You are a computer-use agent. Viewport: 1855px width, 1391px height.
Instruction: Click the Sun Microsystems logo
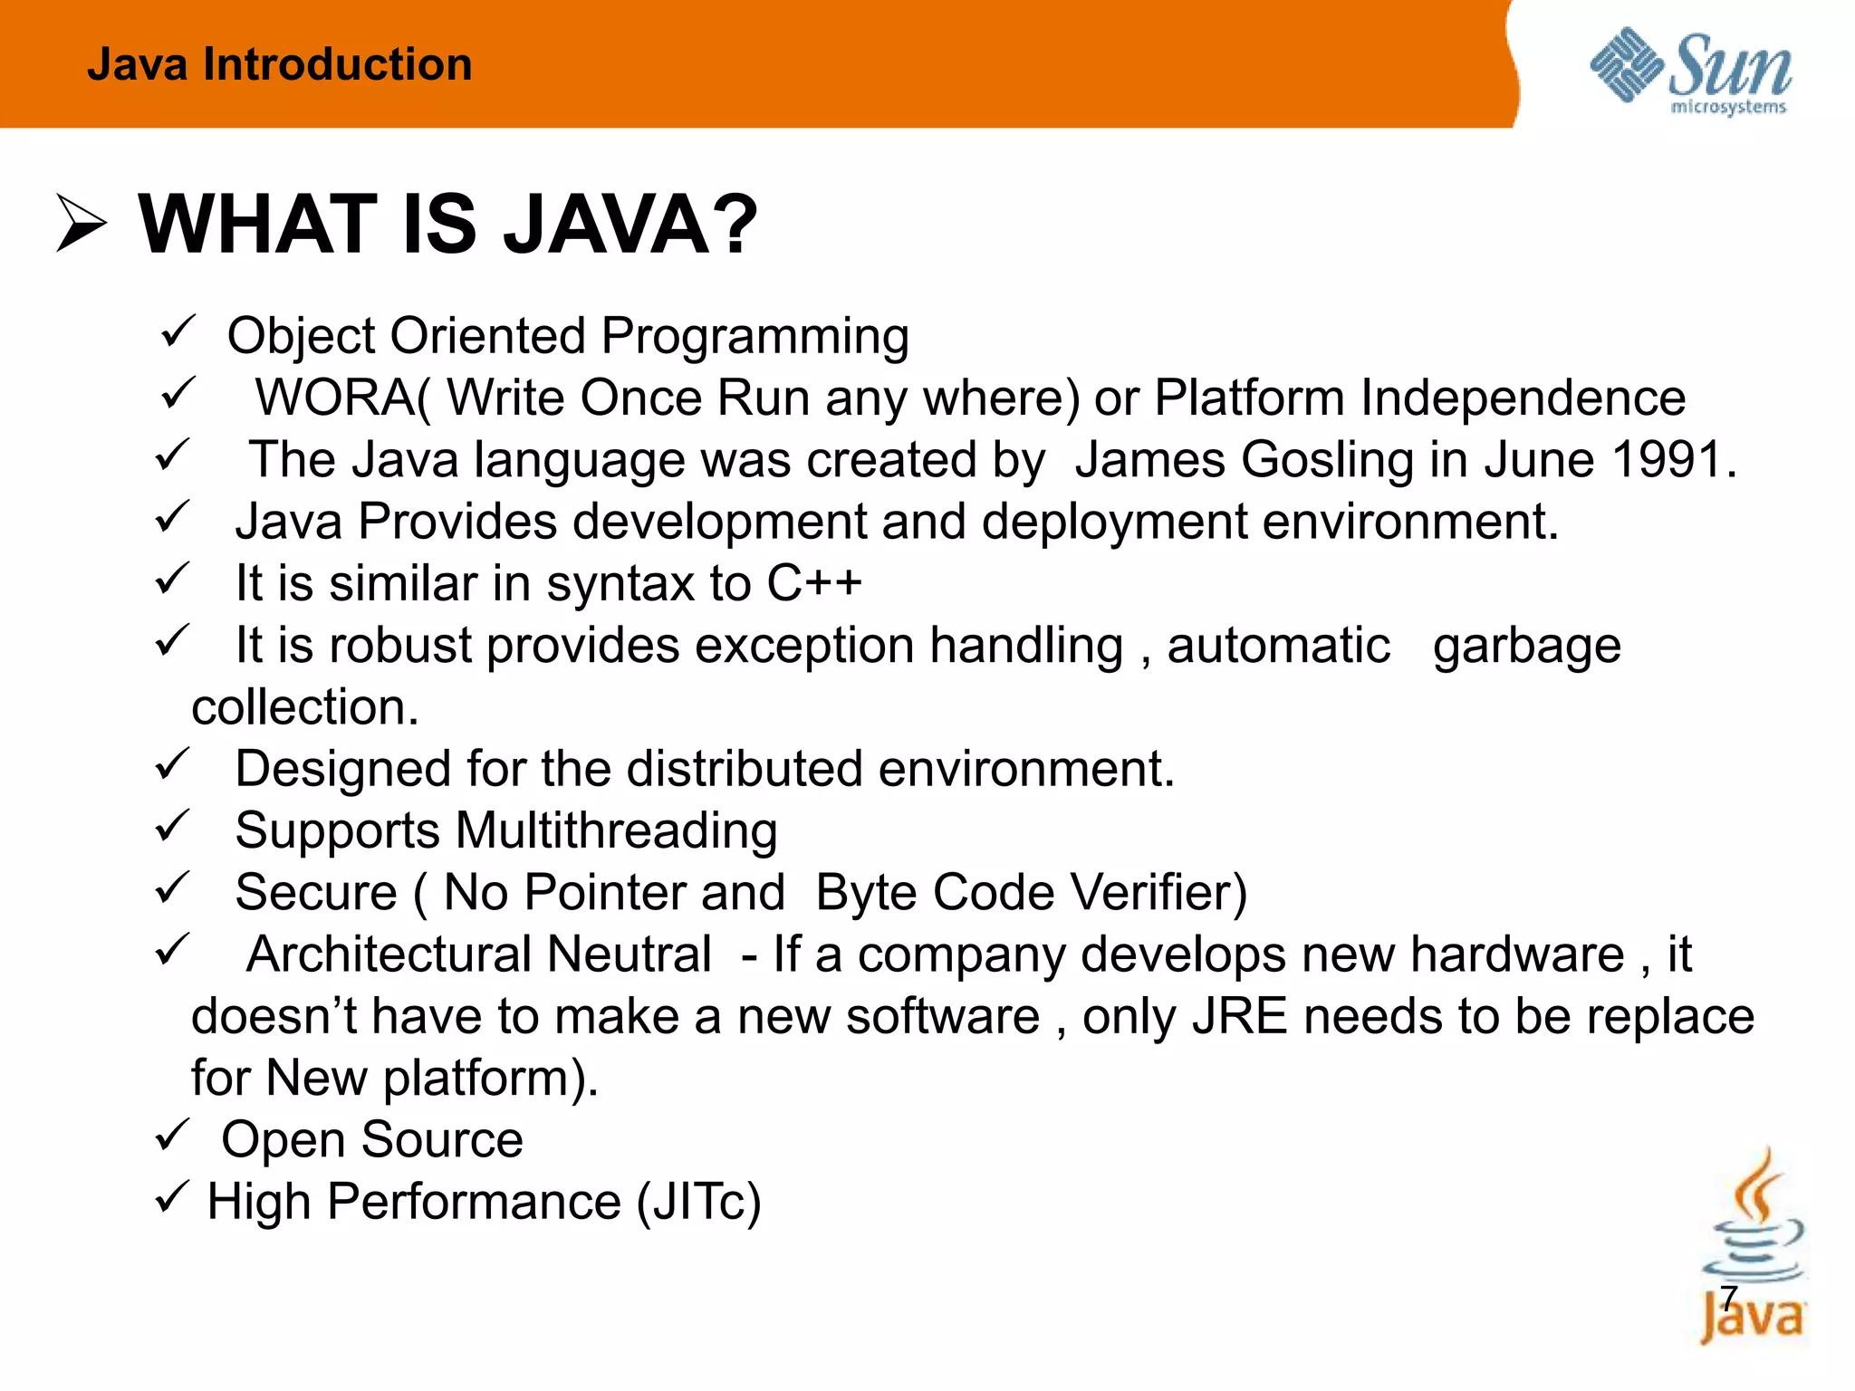click(1690, 71)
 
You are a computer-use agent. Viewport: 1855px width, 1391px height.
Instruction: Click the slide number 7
click(1729, 1299)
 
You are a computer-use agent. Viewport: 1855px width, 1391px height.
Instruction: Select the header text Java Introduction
click(279, 64)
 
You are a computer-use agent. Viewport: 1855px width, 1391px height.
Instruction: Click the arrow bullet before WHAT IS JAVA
click(81, 223)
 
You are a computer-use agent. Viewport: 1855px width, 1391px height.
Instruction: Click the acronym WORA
click(335, 398)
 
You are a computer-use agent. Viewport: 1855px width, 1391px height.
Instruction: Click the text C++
click(813, 582)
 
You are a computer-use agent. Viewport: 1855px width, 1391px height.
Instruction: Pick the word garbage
click(1526, 646)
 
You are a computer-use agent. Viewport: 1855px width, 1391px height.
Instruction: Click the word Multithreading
click(616, 830)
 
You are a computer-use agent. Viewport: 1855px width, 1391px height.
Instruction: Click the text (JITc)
click(698, 1202)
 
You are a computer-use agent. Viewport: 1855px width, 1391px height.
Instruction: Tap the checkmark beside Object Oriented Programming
click(178, 331)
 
